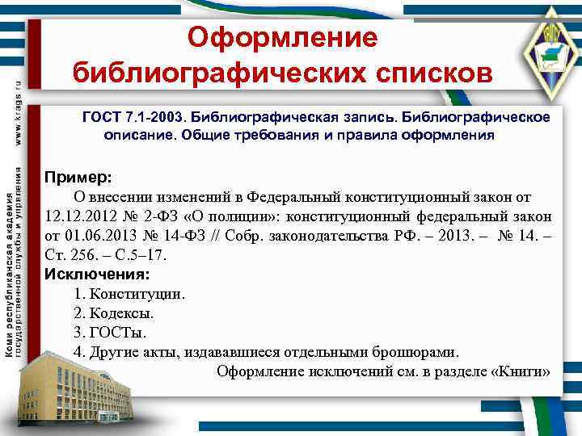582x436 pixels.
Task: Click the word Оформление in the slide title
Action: [x=283, y=37]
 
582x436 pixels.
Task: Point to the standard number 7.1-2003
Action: [x=154, y=118]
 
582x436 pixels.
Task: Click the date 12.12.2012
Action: [x=76, y=216]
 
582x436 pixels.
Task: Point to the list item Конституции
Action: [x=137, y=294]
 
